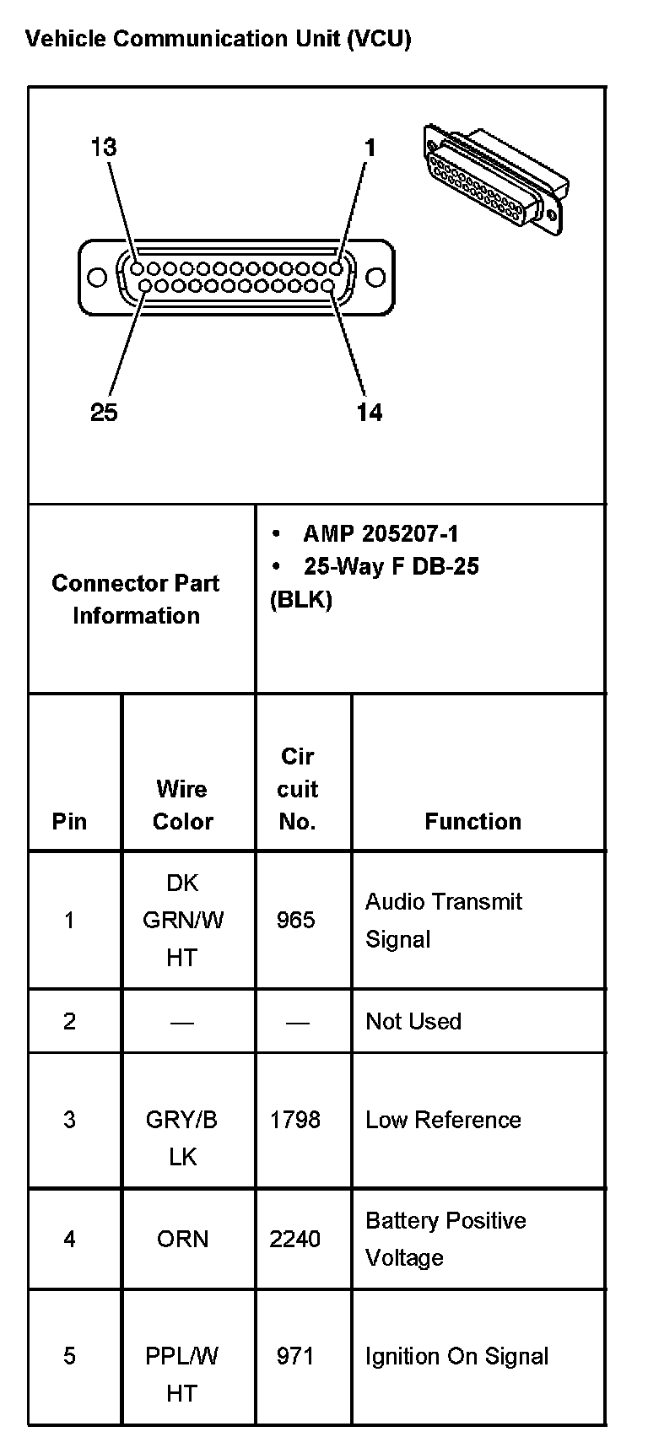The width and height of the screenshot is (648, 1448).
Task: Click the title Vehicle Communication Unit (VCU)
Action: coord(218,39)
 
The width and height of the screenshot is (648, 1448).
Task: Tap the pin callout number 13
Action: coord(103,148)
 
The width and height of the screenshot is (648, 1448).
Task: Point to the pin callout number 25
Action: coord(104,412)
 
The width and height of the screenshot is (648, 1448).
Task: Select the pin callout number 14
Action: coord(369,412)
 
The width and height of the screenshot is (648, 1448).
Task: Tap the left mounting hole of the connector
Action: coord(98,277)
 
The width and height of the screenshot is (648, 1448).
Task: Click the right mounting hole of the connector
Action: coord(375,277)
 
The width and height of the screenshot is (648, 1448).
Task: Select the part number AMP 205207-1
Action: coord(381,533)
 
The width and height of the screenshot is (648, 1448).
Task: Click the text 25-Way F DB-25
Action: coord(391,566)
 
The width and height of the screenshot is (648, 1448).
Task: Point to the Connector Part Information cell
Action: coord(136,599)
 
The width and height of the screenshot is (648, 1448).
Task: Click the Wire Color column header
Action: coord(182,805)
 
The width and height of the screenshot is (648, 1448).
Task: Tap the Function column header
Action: coord(472,821)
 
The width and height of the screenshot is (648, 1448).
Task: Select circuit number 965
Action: coord(295,920)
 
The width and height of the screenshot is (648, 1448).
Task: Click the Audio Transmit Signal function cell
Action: coord(443,920)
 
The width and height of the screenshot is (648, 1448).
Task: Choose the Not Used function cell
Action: coord(413,1021)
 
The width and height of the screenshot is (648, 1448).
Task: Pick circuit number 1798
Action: coord(295,1120)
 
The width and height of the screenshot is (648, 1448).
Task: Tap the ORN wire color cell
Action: coord(182,1239)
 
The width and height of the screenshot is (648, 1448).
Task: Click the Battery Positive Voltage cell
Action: coord(445,1239)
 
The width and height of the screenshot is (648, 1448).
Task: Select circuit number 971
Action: coord(295,1356)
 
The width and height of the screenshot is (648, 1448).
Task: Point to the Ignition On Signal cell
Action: coord(456,1356)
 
